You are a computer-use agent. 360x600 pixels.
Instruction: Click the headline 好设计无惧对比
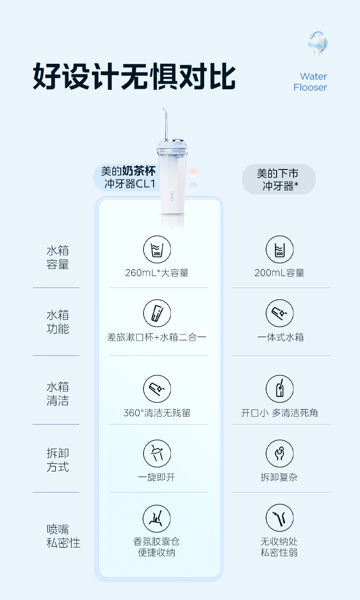coord(134,77)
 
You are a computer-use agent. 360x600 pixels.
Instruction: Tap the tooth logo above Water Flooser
coord(318,44)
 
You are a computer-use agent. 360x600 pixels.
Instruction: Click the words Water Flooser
coord(310,82)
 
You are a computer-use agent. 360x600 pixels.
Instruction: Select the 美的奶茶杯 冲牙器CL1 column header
coord(128,177)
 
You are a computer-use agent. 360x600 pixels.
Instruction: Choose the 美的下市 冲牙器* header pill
coord(278,179)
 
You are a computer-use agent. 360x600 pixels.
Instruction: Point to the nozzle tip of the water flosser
coord(164,109)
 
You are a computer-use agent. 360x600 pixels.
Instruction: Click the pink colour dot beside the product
coord(193,173)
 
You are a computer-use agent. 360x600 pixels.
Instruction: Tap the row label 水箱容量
coord(57,257)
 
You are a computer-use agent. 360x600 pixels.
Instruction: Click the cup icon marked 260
coord(157,249)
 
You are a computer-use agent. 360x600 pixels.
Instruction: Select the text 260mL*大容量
coord(157,273)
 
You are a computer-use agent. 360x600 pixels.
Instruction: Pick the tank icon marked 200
coord(280,249)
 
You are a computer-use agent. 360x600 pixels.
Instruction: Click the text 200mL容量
coord(279,273)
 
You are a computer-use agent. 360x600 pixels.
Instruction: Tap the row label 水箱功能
coord(57,322)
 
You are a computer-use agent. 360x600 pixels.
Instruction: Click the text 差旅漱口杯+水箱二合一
coord(157,337)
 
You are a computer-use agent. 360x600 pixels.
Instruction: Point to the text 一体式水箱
coord(280,337)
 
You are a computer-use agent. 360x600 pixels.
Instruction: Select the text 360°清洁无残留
coord(157,413)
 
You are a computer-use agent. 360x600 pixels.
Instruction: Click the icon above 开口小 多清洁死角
coord(280,389)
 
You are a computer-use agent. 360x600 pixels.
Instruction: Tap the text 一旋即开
coord(157,477)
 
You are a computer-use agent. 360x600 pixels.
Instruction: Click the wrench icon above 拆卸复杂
coord(280,453)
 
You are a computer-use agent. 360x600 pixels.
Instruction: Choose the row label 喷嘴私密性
coord(63,536)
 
